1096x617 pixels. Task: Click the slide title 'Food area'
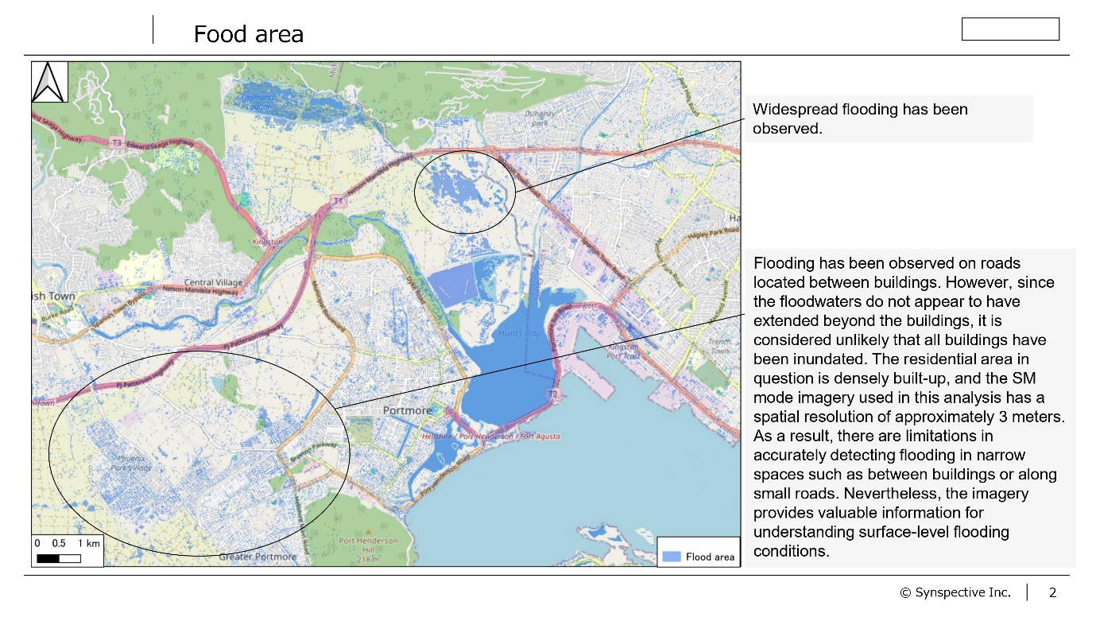click(x=248, y=35)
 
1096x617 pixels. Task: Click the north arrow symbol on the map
click(x=49, y=83)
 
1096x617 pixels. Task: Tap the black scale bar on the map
click(x=59, y=557)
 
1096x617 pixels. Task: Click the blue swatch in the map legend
click(x=672, y=557)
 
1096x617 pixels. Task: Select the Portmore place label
click(x=407, y=410)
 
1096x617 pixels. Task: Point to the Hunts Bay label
click(x=521, y=333)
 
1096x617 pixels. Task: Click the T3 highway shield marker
click(x=117, y=142)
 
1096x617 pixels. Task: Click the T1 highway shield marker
click(x=340, y=202)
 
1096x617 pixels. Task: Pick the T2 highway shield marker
click(x=554, y=394)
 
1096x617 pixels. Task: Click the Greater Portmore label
click(x=258, y=557)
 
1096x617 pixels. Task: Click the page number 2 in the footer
click(x=1052, y=592)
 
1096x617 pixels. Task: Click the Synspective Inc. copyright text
click(x=955, y=592)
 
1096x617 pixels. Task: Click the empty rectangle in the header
click(x=1010, y=29)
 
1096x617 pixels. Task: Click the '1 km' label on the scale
click(x=89, y=543)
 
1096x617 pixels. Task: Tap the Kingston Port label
click(x=622, y=351)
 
